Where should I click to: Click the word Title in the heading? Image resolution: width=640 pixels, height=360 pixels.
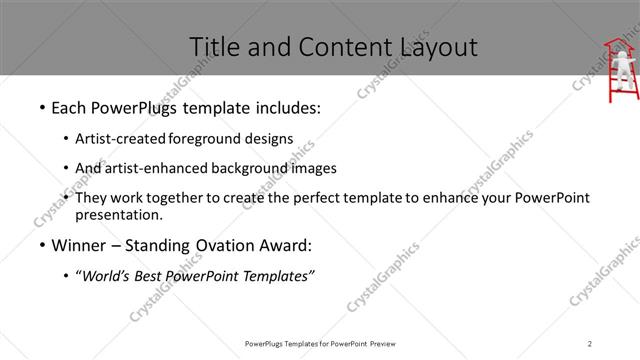(213, 46)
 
